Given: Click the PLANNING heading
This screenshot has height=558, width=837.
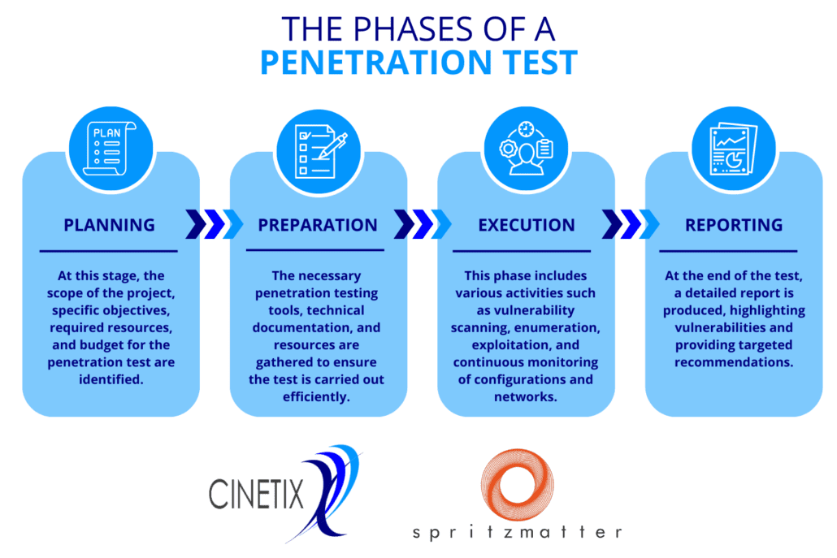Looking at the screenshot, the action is tap(110, 225).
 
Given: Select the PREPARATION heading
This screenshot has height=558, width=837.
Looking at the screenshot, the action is tap(318, 225).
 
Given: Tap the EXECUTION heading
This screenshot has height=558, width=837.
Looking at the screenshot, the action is tap(527, 225).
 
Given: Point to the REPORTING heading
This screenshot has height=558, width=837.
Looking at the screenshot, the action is tap(734, 225).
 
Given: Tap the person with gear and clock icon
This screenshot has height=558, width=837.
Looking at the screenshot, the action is tap(526, 149).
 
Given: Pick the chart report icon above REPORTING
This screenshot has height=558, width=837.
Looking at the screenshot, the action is tap(734, 149).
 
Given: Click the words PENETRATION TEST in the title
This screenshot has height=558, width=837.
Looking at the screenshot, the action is tap(419, 63).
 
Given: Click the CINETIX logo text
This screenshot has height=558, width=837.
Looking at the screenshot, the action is tap(256, 494).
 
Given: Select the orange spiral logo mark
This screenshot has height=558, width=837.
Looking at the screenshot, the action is tap(518, 485).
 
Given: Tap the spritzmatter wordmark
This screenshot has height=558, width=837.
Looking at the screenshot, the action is tap(518, 532).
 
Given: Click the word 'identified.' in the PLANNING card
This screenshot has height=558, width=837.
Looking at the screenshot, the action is tap(111, 379).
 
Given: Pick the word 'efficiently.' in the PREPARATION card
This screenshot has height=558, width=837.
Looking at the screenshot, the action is tap(317, 397).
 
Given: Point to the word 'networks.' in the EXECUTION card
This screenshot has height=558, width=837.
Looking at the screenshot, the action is tap(526, 397).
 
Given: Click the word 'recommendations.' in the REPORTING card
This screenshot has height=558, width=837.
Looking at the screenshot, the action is tap(734, 362).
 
